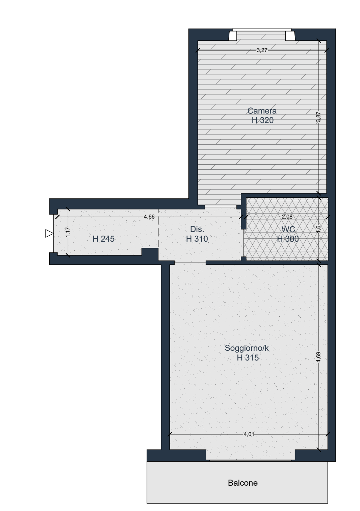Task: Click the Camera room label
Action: point(262,111)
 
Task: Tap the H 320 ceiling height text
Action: point(262,120)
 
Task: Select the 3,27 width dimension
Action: point(262,50)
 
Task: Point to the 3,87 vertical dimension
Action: point(318,117)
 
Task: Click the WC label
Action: point(288,229)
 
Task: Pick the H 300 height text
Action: point(288,239)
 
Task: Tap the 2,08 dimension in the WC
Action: point(287,217)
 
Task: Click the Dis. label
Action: point(197,229)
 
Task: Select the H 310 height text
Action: point(197,239)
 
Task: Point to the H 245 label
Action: point(104,239)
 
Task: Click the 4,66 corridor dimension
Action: point(149,217)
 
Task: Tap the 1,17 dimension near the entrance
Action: point(68,232)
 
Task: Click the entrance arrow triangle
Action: point(49,234)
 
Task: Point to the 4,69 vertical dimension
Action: point(318,357)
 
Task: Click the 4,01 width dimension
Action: point(249,434)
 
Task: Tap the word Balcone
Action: point(243,483)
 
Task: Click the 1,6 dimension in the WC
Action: point(318,229)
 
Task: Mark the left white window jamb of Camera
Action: point(233,36)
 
